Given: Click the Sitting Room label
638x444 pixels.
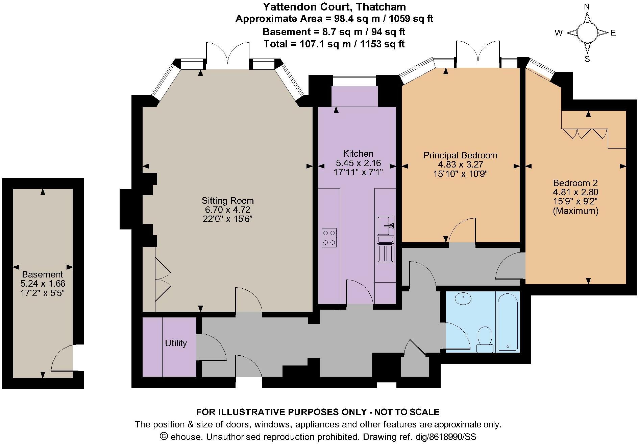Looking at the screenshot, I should tap(227, 200).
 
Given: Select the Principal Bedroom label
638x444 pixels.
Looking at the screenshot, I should tap(460, 155).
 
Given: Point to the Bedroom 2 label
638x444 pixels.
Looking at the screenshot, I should tap(575, 183).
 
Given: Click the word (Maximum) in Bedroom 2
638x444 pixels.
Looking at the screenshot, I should tap(575, 211).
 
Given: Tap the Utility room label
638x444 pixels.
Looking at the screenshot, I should tap(176, 343).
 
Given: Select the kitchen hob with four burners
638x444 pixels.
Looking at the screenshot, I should tap(329, 238).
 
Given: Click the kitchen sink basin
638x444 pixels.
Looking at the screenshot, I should tap(385, 226).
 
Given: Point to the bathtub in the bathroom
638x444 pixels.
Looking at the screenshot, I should tap(508, 321).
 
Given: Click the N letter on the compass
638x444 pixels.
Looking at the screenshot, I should tap(587, 7).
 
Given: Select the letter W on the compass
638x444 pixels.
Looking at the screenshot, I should tap(558, 33).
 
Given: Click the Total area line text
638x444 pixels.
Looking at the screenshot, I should tap(334, 44).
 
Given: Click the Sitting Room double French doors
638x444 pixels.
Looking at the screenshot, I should tap(228, 54).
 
